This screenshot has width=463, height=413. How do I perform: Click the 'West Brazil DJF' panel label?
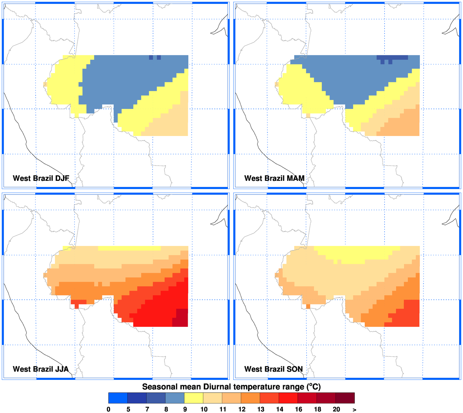[41, 178]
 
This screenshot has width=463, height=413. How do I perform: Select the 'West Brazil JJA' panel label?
[41, 369]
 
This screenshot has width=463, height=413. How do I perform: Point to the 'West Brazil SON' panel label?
[274, 369]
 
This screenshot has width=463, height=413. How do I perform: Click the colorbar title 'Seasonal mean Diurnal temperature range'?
[231, 387]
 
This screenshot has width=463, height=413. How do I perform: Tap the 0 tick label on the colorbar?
[109, 409]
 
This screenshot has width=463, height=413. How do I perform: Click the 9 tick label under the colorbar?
[185, 409]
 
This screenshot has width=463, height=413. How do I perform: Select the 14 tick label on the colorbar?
[280, 409]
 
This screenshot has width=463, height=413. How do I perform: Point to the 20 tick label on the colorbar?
[336, 409]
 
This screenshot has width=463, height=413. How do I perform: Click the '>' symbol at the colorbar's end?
[354, 409]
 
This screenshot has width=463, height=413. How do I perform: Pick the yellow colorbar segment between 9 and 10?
[194, 398]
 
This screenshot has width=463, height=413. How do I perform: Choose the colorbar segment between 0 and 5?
[118, 398]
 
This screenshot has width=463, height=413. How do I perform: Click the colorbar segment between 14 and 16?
[288, 398]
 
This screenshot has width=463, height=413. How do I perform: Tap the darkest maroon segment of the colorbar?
[345, 398]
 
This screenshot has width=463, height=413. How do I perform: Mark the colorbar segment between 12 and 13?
[250, 398]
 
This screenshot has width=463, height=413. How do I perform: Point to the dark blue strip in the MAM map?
[392, 57]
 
